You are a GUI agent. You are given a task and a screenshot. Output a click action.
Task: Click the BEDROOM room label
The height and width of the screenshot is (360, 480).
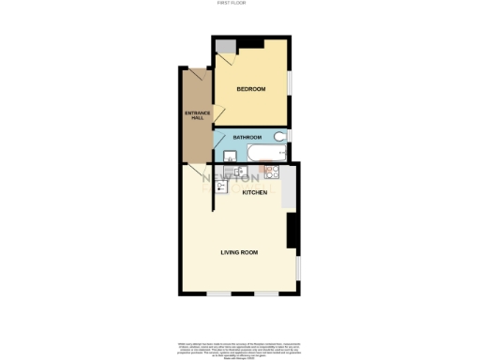click(250, 89)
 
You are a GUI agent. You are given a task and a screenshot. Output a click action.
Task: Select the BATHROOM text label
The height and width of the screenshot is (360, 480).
click(247, 137)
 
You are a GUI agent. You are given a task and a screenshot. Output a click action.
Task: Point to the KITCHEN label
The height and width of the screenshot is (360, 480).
click(255, 192)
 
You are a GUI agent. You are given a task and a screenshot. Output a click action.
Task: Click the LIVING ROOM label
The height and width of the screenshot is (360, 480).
click(240, 252)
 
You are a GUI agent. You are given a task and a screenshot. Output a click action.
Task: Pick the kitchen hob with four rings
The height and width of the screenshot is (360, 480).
click(272, 172)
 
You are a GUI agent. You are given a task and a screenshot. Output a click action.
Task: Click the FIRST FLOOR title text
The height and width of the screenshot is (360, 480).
click(239, 4)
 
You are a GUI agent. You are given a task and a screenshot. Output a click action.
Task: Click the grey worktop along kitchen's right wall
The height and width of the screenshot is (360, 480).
click(290, 187)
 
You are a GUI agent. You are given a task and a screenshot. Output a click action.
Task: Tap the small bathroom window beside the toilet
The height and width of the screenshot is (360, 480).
click(290, 137)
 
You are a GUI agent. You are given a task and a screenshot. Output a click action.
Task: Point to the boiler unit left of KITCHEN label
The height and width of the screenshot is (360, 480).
click(222, 187)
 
